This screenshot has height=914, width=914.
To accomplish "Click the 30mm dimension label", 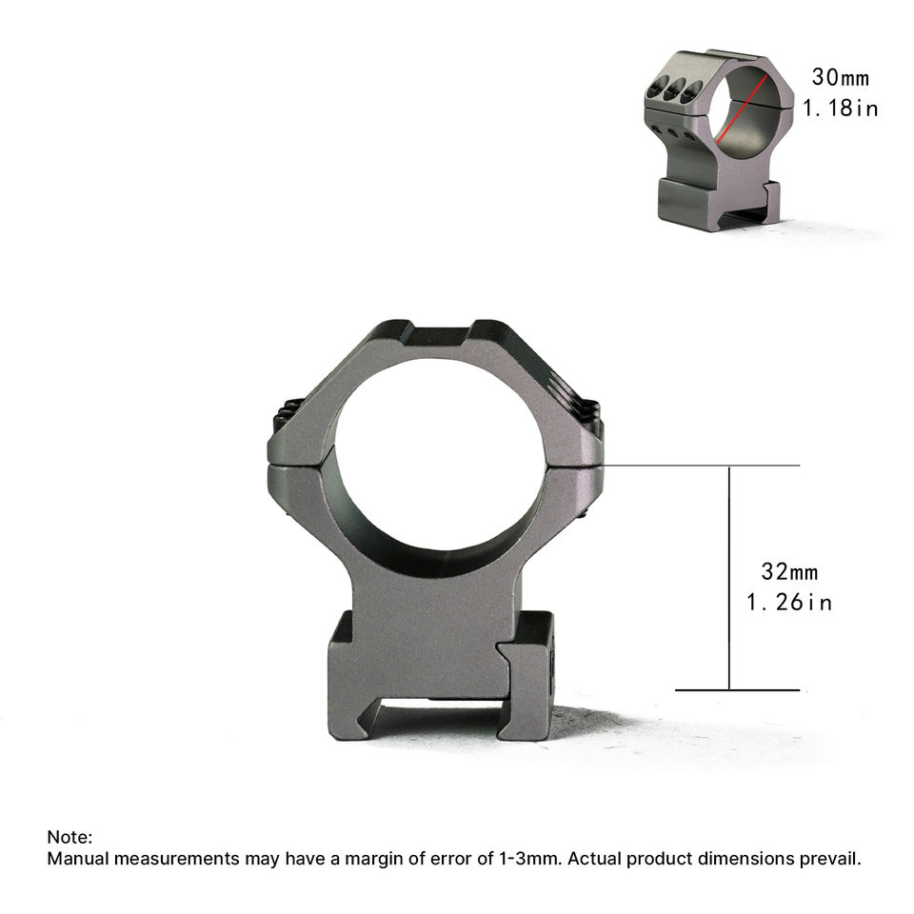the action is pyautogui.click(x=840, y=77).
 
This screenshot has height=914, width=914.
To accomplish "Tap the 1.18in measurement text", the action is pyautogui.click(x=840, y=108).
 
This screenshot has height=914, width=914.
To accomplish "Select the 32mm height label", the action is pyautogui.click(x=789, y=571).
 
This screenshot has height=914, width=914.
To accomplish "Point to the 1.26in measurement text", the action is pyautogui.click(x=789, y=602).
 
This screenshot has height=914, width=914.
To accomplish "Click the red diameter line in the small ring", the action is pyautogui.click(x=742, y=109).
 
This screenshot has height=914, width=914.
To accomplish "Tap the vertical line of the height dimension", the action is pyautogui.click(x=729, y=578).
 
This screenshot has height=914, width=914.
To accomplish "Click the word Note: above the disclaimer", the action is pyautogui.click(x=70, y=837).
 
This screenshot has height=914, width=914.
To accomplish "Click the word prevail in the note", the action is pyautogui.click(x=829, y=859).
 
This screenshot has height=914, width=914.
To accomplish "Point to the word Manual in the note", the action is pyautogui.click(x=78, y=859).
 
